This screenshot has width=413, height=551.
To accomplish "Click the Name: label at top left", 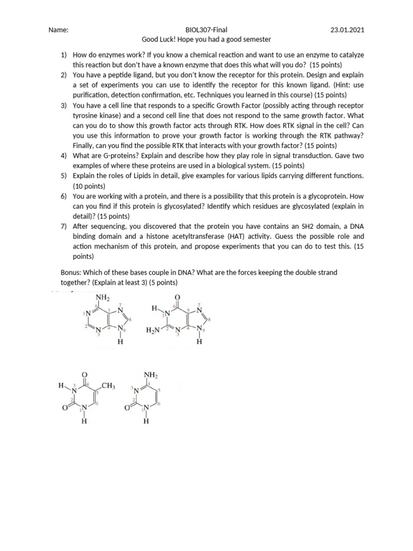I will pyautogui.click(x=58, y=30).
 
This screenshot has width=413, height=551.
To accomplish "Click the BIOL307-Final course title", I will pyautogui.click(x=206, y=30).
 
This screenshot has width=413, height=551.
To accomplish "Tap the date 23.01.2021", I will pyautogui.click(x=348, y=30).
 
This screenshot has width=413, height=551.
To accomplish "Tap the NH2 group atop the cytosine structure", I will pyautogui.click(x=150, y=375).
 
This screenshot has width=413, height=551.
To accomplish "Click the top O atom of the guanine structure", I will pyautogui.click(x=178, y=298).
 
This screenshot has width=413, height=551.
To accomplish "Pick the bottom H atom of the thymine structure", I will pyautogui.click(x=84, y=421).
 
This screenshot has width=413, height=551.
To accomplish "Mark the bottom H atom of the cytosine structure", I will pyautogui.click(x=146, y=421).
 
